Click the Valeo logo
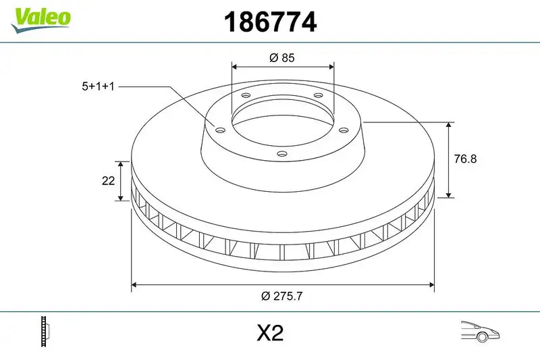40,18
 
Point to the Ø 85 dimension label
282,58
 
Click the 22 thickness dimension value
107,181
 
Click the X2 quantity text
269,333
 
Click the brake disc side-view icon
46,332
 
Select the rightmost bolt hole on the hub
343,130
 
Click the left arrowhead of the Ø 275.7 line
135,284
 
